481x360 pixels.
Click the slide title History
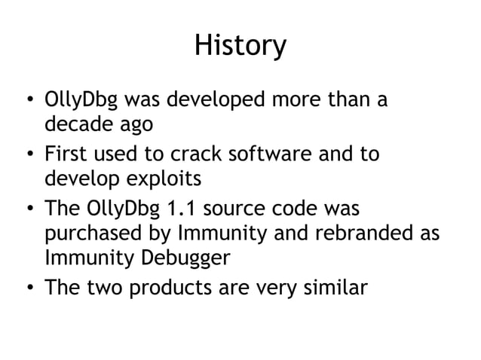click(x=240, y=45)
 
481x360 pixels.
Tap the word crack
click(x=195, y=156)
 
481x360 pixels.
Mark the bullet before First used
click(x=28, y=157)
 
